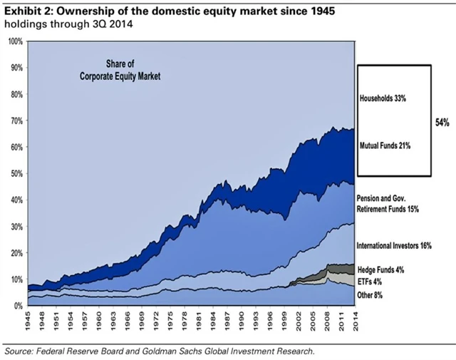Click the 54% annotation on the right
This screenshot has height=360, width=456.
tap(442, 123)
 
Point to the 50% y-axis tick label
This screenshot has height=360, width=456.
tap(15, 173)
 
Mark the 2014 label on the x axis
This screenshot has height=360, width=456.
tap(353, 319)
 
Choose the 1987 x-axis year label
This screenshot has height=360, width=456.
tap(226, 319)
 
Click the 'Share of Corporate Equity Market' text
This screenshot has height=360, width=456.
tap(121, 68)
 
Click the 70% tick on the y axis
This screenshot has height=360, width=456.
tap(15, 120)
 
